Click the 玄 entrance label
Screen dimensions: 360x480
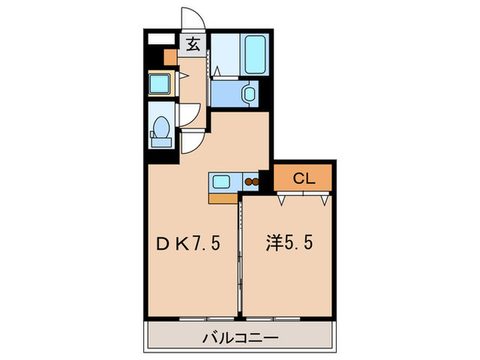[193, 45]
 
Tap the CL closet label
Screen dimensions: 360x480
[304, 179]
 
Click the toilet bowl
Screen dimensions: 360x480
[162, 129]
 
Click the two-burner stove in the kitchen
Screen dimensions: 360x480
[251, 182]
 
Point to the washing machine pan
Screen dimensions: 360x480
[163, 85]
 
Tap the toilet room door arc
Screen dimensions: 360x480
[191, 113]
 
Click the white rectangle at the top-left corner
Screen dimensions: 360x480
[162, 38]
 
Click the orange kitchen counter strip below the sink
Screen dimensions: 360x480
[222, 199]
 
